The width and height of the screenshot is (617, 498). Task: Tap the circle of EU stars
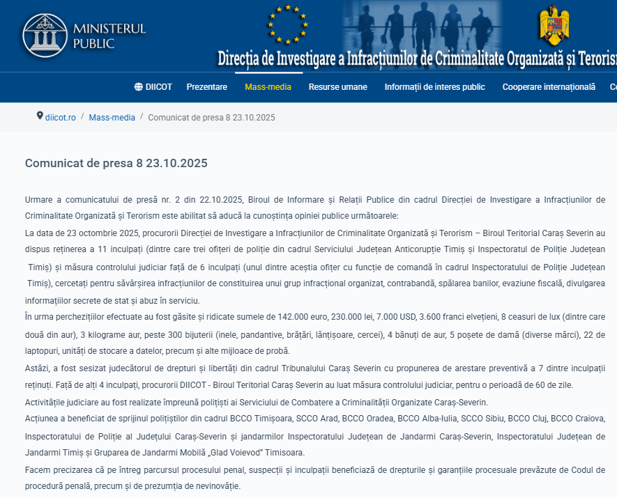click(287, 24)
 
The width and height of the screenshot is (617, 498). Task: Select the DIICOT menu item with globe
click(153, 87)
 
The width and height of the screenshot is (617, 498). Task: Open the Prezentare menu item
click(206, 87)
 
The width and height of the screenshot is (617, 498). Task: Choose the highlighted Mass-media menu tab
click(268, 87)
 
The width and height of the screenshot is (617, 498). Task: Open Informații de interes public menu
click(434, 87)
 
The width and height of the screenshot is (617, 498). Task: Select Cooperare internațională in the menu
click(549, 87)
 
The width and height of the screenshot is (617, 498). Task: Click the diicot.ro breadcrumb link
click(61, 117)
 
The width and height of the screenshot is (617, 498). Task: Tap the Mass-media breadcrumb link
click(112, 117)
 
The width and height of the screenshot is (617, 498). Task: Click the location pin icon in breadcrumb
click(40, 116)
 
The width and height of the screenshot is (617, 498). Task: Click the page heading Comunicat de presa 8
click(116, 163)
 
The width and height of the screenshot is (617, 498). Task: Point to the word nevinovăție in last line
click(213, 485)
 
